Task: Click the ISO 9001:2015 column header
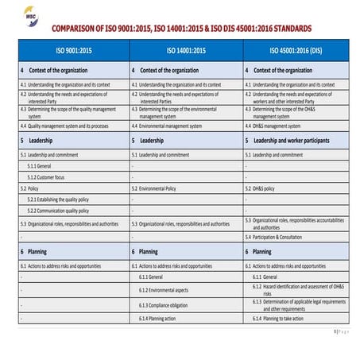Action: click(x=72, y=50)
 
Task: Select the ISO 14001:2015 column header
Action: click(x=185, y=50)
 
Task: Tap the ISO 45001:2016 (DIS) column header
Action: click(x=296, y=50)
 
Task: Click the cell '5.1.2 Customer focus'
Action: click(x=46, y=176)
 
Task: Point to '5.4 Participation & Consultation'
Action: click(x=273, y=237)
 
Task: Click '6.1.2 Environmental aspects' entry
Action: click(x=164, y=290)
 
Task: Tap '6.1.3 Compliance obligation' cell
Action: click(x=165, y=304)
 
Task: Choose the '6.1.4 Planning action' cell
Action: click(x=159, y=318)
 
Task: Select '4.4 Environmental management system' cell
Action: click(x=172, y=126)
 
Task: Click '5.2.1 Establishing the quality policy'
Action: click(x=58, y=199)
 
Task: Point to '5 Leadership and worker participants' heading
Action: click(x=297, y=140)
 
